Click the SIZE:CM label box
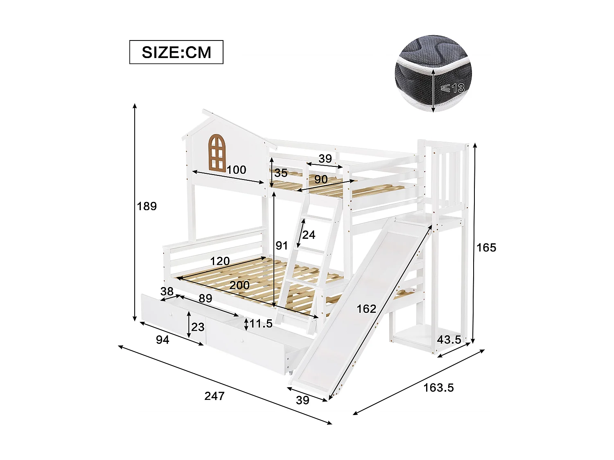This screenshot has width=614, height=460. click(176, 52)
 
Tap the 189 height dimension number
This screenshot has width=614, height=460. click(147, 206)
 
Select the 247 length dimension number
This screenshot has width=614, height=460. click(214, 396)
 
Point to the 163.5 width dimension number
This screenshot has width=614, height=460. click(438, 387)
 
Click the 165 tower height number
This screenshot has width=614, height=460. click(486, 247)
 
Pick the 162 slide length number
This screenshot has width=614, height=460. click(366, 309)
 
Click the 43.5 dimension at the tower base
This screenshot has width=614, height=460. click(449, 339)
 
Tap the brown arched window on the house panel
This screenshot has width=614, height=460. click(217, 152)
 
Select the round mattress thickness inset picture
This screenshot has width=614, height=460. click(433, 74)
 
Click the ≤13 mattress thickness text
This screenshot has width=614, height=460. click(453, 88)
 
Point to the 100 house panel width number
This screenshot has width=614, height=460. click(236, 170)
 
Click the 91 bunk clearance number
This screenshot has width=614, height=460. click(282, 245)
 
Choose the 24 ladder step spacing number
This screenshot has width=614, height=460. click(309, 235)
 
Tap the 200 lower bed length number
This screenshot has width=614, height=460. click(239, 285)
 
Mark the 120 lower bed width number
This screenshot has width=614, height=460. click(220, 261)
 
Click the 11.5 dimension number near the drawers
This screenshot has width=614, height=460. click(261, 324)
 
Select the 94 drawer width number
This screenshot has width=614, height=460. click(163, 340)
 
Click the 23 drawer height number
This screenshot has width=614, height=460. click(198, 327)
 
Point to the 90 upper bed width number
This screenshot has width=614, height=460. click(321, 179)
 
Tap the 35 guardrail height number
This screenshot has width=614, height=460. click(281, 173)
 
